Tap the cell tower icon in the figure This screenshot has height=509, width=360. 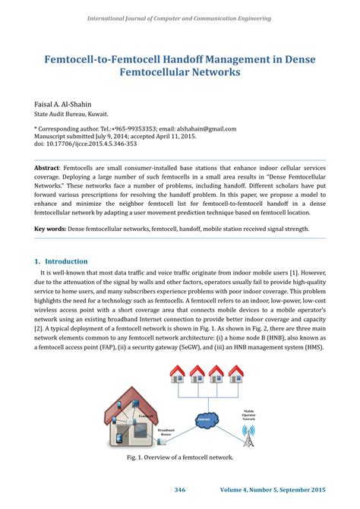(248, 434)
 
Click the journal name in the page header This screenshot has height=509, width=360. (180, 17)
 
